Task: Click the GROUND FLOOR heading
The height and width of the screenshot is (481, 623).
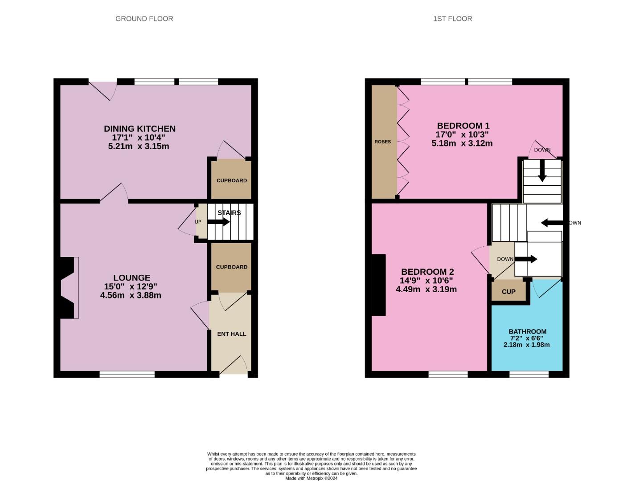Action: pos(144,19)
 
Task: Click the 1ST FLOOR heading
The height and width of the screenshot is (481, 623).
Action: pos(452,19)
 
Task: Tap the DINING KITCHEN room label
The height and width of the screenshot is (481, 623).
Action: pos(139,129)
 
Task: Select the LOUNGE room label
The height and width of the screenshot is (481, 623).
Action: pos(131,277)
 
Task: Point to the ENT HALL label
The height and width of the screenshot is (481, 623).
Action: pos(231,334)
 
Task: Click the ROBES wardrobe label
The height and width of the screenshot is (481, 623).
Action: pos(382,142)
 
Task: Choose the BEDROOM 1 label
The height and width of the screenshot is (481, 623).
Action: pos(463,126)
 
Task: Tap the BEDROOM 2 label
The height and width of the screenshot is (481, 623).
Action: pos(427,272)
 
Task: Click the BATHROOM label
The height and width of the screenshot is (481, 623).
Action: pos(527,331)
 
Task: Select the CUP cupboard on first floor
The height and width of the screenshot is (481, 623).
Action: pos(508,292)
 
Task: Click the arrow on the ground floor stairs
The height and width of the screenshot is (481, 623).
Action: pos(219,222)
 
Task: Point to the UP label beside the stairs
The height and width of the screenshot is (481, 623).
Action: pos(198,222)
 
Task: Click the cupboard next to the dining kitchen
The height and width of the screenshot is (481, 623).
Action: pos(231,180)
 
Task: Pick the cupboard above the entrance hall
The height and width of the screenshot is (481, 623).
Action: pos(231,267)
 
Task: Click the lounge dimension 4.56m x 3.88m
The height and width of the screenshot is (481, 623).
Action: pos(131,295)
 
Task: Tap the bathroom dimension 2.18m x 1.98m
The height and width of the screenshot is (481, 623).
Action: pos(526,345)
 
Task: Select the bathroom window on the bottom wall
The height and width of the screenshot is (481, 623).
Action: pos(529,375)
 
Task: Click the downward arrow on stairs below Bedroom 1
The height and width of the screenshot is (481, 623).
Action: pos(542,171)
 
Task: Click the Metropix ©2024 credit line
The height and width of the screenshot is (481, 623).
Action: pos(311,478)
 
